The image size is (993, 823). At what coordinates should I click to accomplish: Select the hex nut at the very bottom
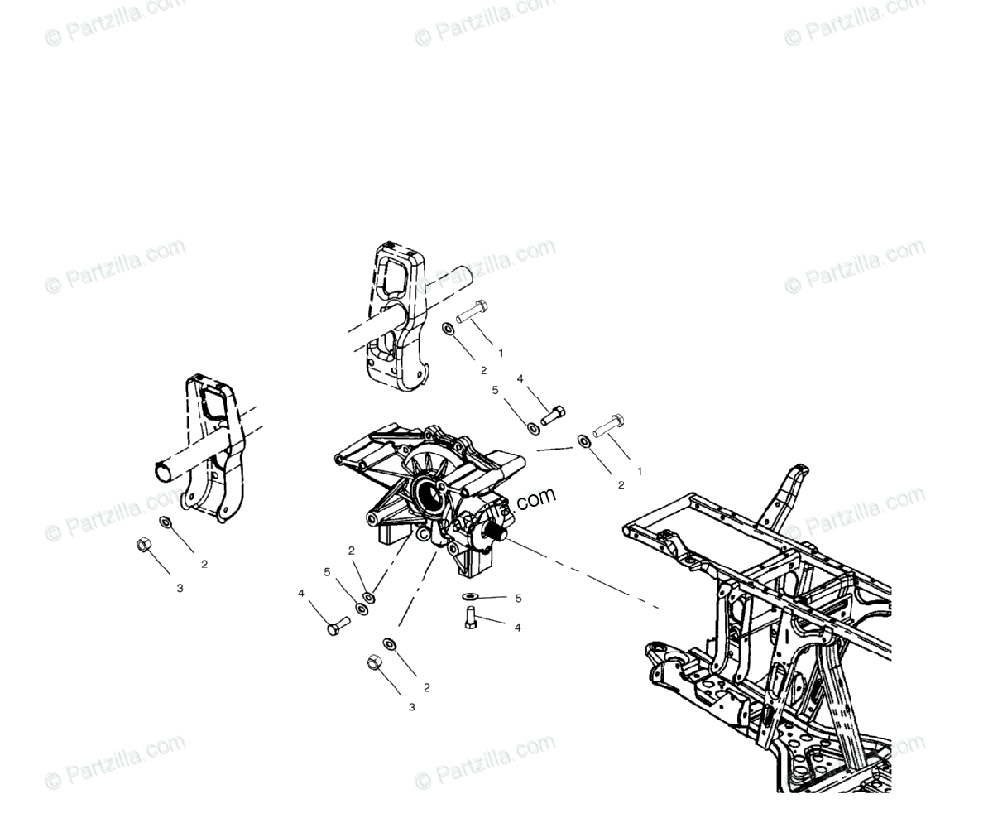[373, 662]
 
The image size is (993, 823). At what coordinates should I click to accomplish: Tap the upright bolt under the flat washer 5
[471, 617]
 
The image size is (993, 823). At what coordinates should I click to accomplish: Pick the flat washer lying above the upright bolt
[470, 597]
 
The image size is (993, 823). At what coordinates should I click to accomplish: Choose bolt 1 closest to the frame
[607, 426]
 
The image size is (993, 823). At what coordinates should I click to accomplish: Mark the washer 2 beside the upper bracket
[449, 330]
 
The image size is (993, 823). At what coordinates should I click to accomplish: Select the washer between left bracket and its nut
[165, 522]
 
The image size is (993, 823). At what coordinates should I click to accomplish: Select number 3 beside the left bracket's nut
[180, 588]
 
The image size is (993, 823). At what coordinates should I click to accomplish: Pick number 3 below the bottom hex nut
[411, 707]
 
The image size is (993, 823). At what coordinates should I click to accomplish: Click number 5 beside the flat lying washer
[518, 598]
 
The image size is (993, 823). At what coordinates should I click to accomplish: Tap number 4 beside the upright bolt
[517, 628]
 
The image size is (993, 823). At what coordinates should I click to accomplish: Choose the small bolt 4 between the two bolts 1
[554, 415]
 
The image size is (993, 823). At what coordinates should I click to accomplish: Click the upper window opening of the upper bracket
[392, 273]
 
